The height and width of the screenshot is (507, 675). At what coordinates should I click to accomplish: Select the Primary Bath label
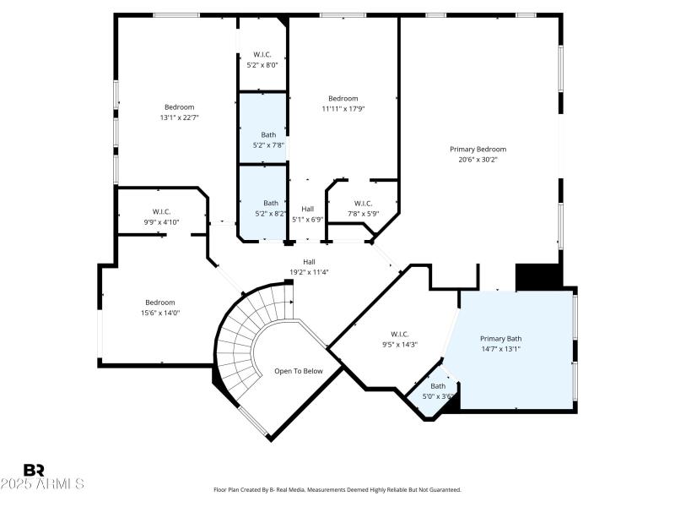pyautogui.click(x=501, y=338)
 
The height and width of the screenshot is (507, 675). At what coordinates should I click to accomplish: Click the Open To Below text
pyautogui.click(x=299, y=371)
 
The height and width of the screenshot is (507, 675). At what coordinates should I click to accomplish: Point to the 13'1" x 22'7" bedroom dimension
pyautogui.click(x=179, y=117)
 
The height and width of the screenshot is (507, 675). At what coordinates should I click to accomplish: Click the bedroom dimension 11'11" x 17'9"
pyautogui.click(x=343, y=108)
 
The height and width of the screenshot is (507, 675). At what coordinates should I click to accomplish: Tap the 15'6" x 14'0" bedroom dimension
pyautogui.click(x=159, y=313)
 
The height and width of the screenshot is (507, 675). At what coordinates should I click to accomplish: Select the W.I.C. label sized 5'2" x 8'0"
pyautogui.click(x=262, y=55)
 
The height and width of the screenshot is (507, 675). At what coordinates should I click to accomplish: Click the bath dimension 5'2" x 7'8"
pyautogui.click(x=268, y=144)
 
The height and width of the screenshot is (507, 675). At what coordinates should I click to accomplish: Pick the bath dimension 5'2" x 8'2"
pyautogui.click(x=270, y=213)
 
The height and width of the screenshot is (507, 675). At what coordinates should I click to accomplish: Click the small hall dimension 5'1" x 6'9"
pyautogui.click(x=308, y=219)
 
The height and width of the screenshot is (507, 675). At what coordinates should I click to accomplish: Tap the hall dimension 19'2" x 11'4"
pyautogui.click(x=309, y=272)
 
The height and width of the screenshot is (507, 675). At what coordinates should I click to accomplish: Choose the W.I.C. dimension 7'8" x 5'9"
pyautogui.click(x=363, y=213)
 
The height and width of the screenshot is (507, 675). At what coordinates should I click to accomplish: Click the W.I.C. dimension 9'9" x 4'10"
pyautogui.click(x=162, y=221)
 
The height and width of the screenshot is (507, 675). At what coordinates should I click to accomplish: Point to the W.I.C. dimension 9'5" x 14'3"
pyautogui.click(x=399, y=344)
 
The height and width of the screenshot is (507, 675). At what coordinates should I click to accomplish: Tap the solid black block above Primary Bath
pyautogui.click(x=538, y=276)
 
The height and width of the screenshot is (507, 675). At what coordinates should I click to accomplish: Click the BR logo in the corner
pyautogui.click(x=34, y=470)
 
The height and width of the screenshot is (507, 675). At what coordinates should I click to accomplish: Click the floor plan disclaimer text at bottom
pyautogui.click(x=337, y=489)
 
